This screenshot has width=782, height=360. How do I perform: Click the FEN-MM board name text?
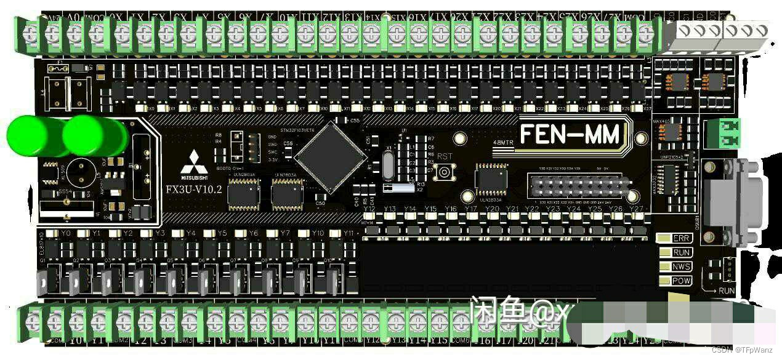point(570,134)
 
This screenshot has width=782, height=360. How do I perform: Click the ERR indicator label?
point(681,238)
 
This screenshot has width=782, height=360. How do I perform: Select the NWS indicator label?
point(681,266)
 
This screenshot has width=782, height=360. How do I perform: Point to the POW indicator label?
point(681,281)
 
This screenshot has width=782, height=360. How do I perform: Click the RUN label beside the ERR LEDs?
point(681,252)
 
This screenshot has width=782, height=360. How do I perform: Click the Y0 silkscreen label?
point(66,234)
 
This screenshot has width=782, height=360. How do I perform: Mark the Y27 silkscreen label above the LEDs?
point(635,209)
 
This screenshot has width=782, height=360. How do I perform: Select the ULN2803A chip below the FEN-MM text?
point(491,178)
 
